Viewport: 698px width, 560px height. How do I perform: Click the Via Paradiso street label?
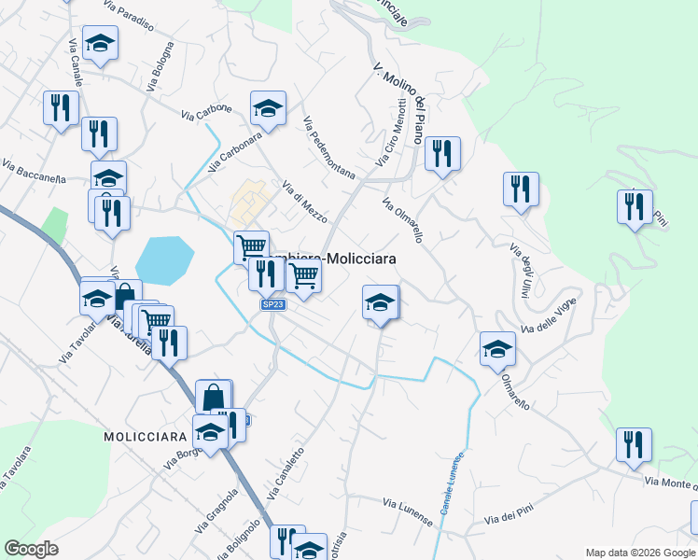point(128,15)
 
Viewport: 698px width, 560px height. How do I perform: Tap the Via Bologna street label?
point(160,66)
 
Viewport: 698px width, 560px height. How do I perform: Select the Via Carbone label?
point(206,109)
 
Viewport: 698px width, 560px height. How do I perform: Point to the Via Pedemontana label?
point(329,147)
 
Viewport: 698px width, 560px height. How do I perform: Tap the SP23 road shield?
point(273,304)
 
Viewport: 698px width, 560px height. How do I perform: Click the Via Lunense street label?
point(408,511)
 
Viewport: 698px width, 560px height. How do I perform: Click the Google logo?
point(32,549)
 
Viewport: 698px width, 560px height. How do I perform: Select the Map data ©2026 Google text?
point(639,553)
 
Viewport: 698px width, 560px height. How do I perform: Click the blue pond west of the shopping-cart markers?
point(164,259)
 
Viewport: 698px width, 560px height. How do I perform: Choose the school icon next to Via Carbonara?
point(268,107)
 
